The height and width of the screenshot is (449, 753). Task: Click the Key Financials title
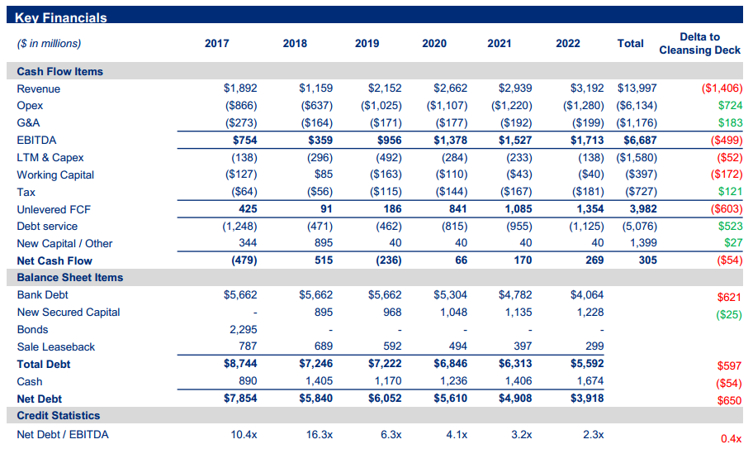[62, 17]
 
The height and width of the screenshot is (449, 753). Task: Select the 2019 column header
[367, 44]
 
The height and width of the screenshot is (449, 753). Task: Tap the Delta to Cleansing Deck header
[699, 44]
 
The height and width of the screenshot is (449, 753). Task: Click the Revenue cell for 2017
[240, 88]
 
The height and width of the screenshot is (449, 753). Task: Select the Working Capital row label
[55, 175]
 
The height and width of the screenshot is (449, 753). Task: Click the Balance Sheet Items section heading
[69, 278]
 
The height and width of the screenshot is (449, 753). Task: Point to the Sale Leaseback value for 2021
[521, 347]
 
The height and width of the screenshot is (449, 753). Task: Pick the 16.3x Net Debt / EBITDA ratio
[320, 435]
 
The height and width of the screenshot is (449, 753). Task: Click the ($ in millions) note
[49, 44]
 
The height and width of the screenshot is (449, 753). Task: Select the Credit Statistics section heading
[58, 416]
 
